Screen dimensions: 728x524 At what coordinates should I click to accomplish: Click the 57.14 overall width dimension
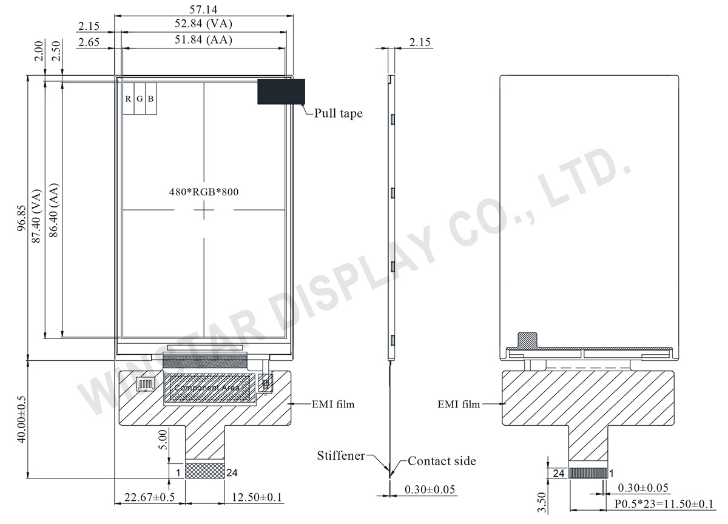[x=203, y=10]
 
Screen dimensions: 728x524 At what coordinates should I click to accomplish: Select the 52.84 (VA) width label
[x=203, y=24]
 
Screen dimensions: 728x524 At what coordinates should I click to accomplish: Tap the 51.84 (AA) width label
[x=203, y=39]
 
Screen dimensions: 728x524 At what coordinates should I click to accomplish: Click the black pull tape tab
[x=281, y=92]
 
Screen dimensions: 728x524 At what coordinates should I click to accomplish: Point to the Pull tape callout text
[x=339, y=113]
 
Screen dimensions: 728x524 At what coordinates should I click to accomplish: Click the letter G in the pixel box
[x=140, y=99]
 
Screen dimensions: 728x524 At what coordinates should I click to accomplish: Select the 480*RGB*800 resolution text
[x=204, y=192]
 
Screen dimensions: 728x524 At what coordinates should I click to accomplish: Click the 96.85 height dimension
[x=21, y=218]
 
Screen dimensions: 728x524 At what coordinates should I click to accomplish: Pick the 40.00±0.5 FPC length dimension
[x=21, y=419]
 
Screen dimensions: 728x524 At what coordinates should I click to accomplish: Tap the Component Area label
[x=207, y=388]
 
